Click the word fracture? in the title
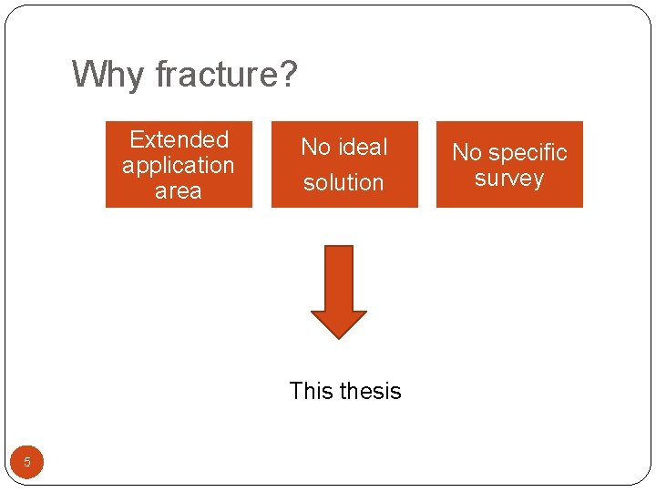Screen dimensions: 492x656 [x=227, y=75]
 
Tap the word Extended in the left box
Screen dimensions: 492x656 [x=179, y=139]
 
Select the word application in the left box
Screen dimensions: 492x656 [x=179, y=165]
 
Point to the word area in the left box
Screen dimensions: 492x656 [x=179, y=190]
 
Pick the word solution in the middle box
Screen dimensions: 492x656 [x=343, y=182]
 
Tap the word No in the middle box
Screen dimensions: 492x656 [x=315, y=147]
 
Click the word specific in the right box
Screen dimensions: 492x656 [x=530, y=152]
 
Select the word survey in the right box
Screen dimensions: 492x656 [x=509, y=178]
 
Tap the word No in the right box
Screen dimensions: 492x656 [x=467, y=152]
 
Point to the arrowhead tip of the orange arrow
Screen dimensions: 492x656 [x=339, y=337]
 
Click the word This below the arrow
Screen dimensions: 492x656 [x=311, y=391]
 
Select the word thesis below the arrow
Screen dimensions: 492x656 [x=369, y=391]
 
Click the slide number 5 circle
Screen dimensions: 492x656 [x=27, y=462]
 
